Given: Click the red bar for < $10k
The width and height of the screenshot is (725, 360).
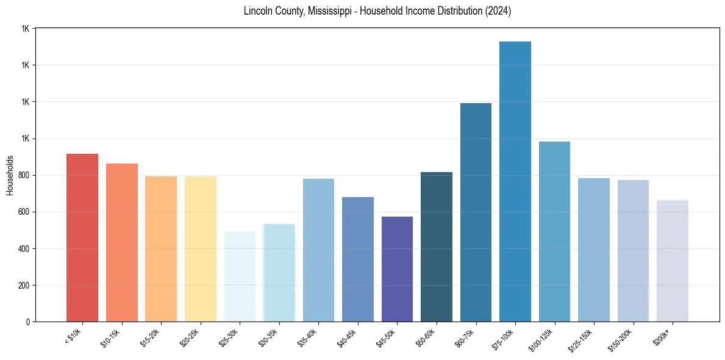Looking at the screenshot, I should [x=82, y=238].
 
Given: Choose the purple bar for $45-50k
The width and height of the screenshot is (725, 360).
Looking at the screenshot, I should [x=397, y=269].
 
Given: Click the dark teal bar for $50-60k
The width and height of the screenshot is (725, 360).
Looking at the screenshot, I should [x=437, y=247].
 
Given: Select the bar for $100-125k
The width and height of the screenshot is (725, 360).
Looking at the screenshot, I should [x=554, y=232].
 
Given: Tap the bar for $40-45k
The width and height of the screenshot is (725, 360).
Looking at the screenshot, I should [x=358, y=259].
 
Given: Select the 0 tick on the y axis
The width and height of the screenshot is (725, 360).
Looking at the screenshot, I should [x=28, y=322].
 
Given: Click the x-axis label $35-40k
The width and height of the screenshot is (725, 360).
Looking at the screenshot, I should [x=308, y=339].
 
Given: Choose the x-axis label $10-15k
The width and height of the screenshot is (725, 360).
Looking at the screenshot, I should [x=112, y=339].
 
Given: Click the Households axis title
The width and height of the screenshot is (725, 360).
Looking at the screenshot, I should [x=10, y=175].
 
